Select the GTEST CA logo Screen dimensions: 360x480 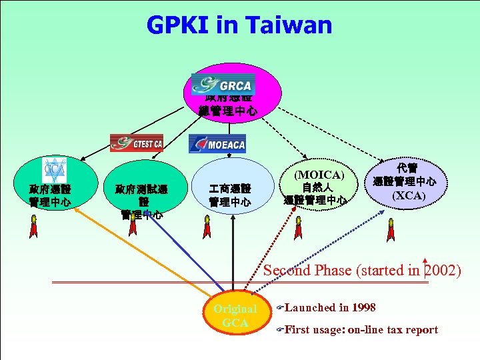click(x=137, y=143)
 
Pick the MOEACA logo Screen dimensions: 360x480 click(x=217, y=143)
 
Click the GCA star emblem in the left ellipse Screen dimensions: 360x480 click(x=54, y=169)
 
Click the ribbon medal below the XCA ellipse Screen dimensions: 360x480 click(x=391, y=231)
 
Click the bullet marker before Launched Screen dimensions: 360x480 click(x=280, y=308)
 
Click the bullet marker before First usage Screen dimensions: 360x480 click(x=280, y=329)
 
